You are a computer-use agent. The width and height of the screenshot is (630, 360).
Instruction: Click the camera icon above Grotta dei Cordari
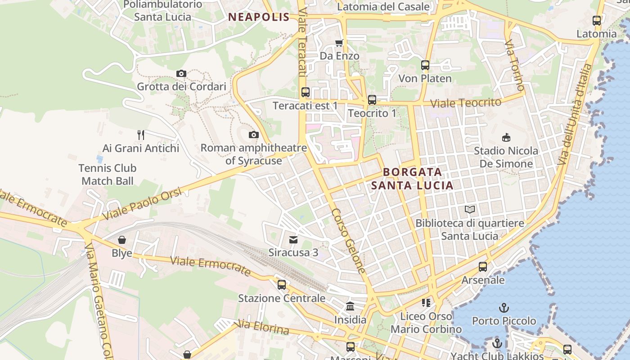click(181, 73)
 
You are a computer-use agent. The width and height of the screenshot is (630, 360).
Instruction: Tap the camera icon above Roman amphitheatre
click(254, 135)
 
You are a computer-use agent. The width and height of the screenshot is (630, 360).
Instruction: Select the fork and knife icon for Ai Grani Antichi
click(141, 135)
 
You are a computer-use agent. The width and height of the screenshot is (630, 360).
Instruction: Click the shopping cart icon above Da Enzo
click(339, 43)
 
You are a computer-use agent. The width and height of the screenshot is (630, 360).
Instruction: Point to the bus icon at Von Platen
click(425, 65)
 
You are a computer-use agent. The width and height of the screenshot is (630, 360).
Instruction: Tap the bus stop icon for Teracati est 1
click(306, 92)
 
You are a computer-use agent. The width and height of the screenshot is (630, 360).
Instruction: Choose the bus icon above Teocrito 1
click(372, 100)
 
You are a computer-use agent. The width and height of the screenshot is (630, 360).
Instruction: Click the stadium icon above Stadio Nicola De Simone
click(506, 137)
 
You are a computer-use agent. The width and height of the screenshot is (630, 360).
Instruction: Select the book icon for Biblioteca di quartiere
click(470, 210)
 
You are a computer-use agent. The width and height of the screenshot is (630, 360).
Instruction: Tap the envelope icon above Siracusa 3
click(293, 239)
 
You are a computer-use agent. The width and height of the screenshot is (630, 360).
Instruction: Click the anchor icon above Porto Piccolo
click(504, 308)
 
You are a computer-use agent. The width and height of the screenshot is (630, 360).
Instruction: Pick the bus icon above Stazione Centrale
click(282, 285)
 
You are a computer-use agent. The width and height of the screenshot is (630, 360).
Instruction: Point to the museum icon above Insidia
click(350, 306)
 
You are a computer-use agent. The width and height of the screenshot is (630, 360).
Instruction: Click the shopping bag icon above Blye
click(121, 240)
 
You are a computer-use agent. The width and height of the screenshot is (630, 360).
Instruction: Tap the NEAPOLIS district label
click(259, 17)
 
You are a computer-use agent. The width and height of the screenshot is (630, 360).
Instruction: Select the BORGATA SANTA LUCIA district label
click(412, 179)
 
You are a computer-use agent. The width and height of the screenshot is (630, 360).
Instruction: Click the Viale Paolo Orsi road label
click(142, 204)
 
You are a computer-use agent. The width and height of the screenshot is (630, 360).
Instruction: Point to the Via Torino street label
click(514, 65)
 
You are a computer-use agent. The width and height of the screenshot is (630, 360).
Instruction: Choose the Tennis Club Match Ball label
click(108, 175)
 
